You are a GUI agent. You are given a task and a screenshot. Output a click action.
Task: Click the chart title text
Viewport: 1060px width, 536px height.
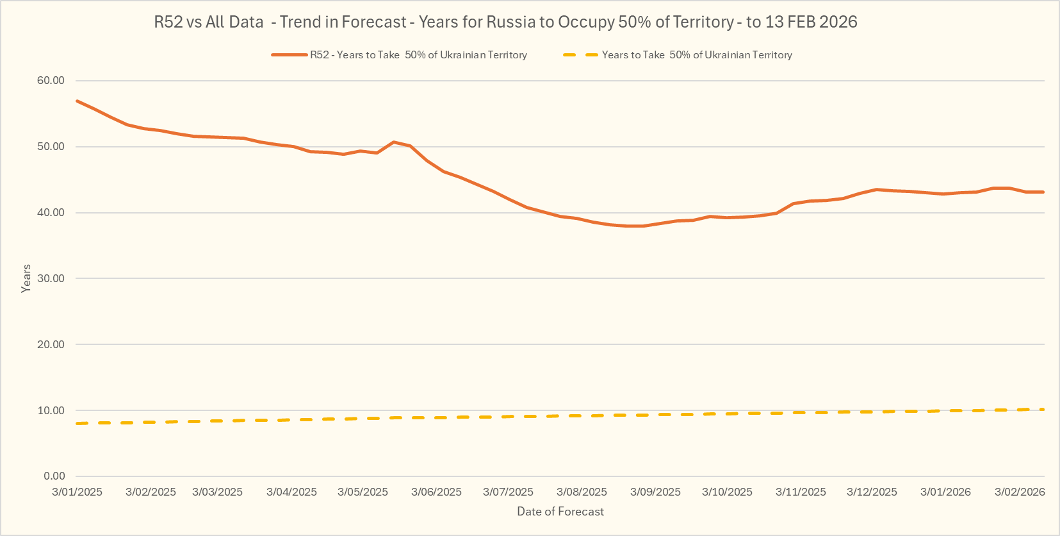[x=505, y=22]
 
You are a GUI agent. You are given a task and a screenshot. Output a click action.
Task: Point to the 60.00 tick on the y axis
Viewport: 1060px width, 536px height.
[x=51, y=81]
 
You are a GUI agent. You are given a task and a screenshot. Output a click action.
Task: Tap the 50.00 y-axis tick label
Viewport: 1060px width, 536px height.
[x=51, y=147]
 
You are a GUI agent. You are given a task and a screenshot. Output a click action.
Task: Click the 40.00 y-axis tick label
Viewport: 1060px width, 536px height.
[x=51, y=213]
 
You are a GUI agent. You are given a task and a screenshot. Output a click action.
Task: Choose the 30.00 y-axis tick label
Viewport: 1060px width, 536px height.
[x=51, y=279]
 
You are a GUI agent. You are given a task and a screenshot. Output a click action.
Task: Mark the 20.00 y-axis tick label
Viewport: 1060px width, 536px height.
[x=51, y=345]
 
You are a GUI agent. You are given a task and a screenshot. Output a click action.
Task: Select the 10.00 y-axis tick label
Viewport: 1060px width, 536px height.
[x=51, y=411]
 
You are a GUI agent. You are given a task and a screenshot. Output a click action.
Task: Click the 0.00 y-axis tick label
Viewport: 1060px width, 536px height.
[x=54, y=476]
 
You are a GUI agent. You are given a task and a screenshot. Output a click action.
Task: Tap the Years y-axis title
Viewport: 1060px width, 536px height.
[x=26, y=279]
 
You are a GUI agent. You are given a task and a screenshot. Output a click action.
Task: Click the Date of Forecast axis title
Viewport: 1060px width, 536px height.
[x=560, y=512]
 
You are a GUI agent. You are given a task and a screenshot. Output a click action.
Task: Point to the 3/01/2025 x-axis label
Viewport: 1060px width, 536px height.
[x=77, y=492]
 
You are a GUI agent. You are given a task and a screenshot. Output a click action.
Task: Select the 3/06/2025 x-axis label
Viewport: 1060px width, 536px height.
[x=436, y=492]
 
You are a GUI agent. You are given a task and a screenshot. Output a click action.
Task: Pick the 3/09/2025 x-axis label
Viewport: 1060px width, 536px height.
[x=655, y=492]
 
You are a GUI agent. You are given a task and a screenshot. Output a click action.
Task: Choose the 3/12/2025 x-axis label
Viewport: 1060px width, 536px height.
[x=872, y=492]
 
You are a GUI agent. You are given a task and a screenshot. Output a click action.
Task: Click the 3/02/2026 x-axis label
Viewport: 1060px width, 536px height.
[x=1020, y=492]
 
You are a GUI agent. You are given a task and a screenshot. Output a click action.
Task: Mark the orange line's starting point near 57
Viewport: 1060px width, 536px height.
[x=77, y=101]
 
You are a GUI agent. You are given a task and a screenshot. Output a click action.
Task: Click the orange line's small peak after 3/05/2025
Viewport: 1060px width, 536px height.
[x=393, y=142]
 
